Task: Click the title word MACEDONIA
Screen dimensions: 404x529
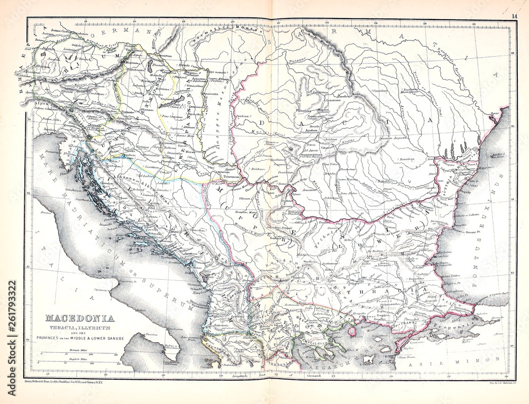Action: (80, 318)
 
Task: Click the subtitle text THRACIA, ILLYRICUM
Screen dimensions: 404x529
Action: (80, 327)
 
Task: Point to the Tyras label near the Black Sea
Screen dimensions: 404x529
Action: (494, 113)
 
